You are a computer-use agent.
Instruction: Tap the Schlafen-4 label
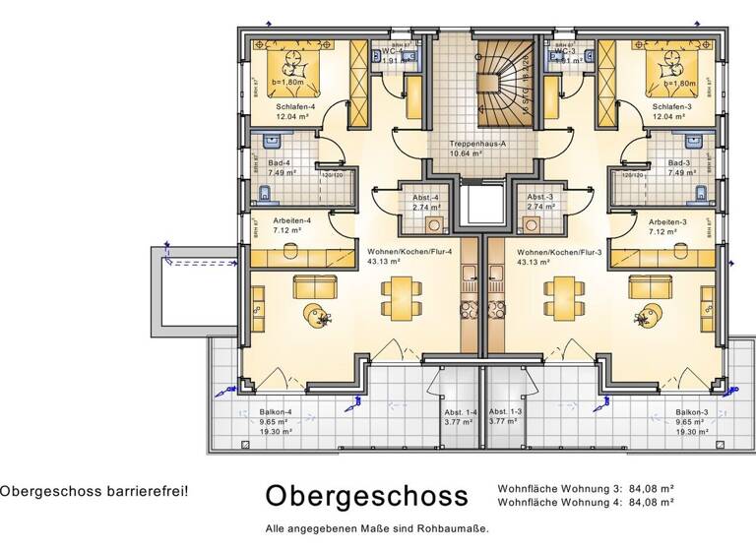[x=296, y=106]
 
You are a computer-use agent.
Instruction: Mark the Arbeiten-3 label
[x=667, y=221]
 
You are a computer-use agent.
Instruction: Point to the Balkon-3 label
[x=692, y=412]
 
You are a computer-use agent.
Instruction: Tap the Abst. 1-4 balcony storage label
[x=461, y=412]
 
